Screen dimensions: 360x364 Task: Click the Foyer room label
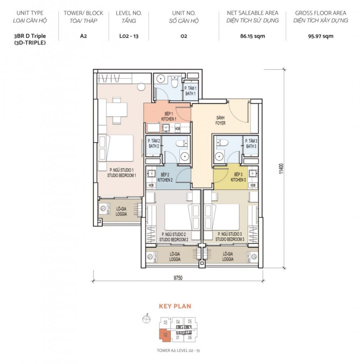(x=220, y=121)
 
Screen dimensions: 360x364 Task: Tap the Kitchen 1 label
(x=169, y=116)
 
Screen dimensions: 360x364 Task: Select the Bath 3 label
(x=251, y=144)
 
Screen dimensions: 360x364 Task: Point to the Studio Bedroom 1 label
(x=121, y=173)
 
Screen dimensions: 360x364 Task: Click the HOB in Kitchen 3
(x=253, y=185)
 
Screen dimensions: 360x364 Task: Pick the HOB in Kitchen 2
(x=151, y=185)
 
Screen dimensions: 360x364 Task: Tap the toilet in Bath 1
(x=174, y=82)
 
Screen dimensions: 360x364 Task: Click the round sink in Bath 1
(x=160, y=79)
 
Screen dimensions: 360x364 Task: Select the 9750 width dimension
(x=178, y=278)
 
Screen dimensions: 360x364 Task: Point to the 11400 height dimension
(x=281, y=169)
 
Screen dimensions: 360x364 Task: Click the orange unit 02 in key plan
(x=165, y=335)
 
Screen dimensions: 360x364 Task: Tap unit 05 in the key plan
(x=190, y=321)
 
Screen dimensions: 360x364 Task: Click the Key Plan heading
(x=175, y=306)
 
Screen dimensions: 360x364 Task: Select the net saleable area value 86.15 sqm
(x=252, y=36)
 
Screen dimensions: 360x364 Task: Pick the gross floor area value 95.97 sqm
(x=321, y=36)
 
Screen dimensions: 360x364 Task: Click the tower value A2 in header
(x=83, y=36)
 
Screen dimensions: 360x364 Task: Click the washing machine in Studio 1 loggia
(x=103, y=208)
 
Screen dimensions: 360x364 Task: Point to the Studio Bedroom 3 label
(x=230, y=236)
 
